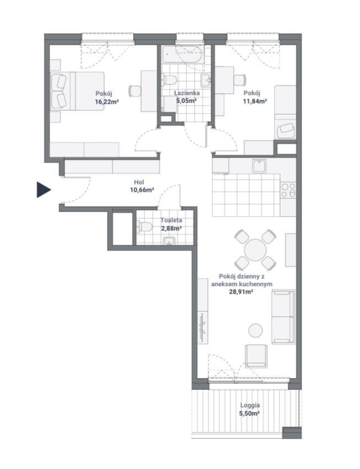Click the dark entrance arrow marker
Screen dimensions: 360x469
(43, 190)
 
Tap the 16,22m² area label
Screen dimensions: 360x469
(107, 102)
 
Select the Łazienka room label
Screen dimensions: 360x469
(187, 93)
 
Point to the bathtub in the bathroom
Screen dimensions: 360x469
(184, 54)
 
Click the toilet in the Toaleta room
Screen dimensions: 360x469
(145, 227)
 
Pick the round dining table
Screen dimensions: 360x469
(255, 250)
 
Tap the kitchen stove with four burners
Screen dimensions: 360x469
(288, 191)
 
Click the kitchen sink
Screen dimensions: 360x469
(259, 166)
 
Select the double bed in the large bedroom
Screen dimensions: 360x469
(78, 91)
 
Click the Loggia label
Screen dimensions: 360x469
(250, 405)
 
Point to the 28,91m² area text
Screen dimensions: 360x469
(241, 292)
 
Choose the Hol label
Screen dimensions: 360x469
(139, 182)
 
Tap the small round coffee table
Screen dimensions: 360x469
(256, 331)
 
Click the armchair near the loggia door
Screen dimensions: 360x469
(256, 355)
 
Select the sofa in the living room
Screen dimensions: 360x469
(283, 316)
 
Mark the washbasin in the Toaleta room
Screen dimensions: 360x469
(170, 240)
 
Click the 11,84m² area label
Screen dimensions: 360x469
(255, 101)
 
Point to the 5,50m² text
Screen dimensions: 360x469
(249, 414)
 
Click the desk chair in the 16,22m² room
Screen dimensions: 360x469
(135, 91)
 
